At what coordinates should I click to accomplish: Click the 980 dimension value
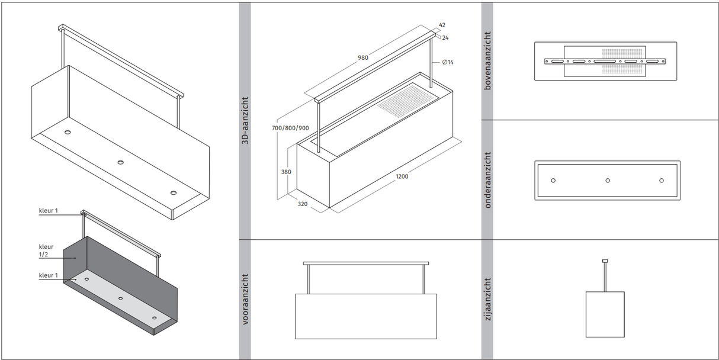[363, 57]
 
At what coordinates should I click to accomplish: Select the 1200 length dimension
[402, 176]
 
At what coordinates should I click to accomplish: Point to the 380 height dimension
[286, 173]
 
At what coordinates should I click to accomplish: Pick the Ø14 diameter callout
[448, 62]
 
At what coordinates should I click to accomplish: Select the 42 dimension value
[442, 25]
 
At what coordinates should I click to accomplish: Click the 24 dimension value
[445, 38]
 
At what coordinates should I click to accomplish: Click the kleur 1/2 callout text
[46, 251]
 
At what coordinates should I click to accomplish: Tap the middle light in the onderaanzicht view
[608, 180]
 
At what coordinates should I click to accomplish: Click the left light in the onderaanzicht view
[553, 180]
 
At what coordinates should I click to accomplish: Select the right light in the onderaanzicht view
[662, 180]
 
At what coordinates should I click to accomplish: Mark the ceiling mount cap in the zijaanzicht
[605, 261]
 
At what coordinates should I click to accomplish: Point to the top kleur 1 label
[49, 211]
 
